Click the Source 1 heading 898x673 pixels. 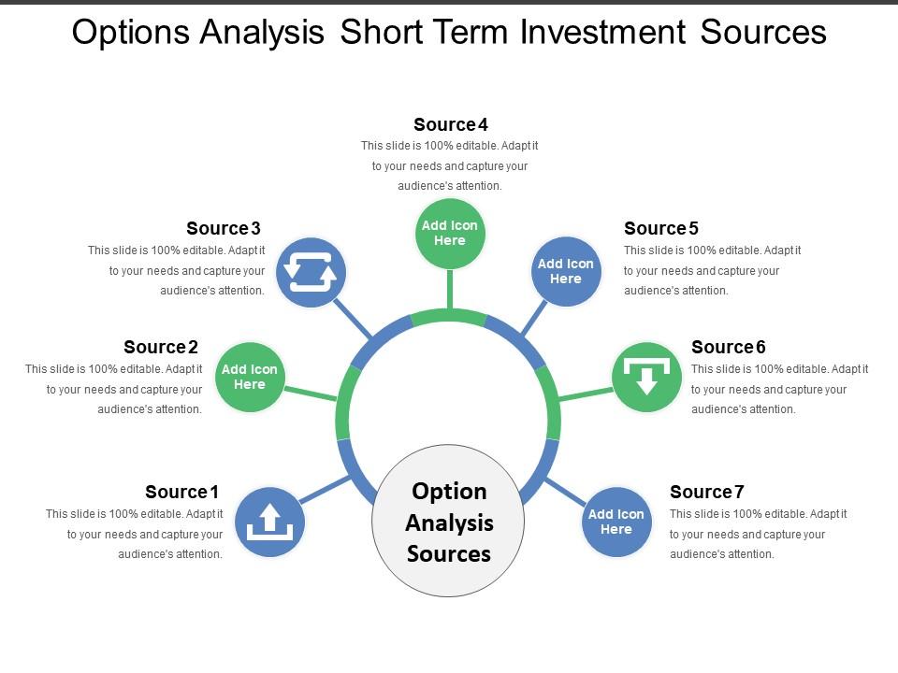point(181,492)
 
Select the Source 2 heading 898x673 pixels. point(161,348)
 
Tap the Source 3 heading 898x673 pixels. point(224,228)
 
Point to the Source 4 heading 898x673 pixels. point(451,124)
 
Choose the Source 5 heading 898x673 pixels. point(661,228)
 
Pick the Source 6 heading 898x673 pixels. point(729,347)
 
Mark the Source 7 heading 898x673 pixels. point(707,492)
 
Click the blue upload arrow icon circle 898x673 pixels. point(269,522)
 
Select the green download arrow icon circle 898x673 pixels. point(646,378)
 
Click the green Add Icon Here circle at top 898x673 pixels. point(450,234)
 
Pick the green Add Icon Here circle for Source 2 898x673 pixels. point(250,378)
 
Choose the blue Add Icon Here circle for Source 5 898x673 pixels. point(566,272)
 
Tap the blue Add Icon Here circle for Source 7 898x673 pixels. point(616,522)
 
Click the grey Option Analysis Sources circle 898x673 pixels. point(449,521)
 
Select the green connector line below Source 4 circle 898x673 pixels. point(450,288)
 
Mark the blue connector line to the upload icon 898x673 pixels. point(326,489)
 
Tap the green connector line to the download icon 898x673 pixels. point(586,394)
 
